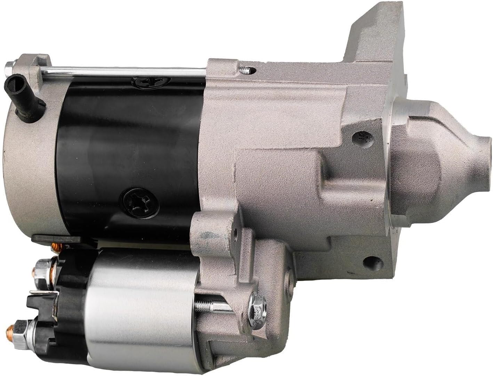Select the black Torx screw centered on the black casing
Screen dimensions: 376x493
click(x=139, y=201)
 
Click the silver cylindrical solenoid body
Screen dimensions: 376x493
click(x=139, y=306)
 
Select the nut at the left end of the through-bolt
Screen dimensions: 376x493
click(x=10, y=66)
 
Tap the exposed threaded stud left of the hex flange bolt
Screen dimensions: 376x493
click(x=209, y=306)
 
